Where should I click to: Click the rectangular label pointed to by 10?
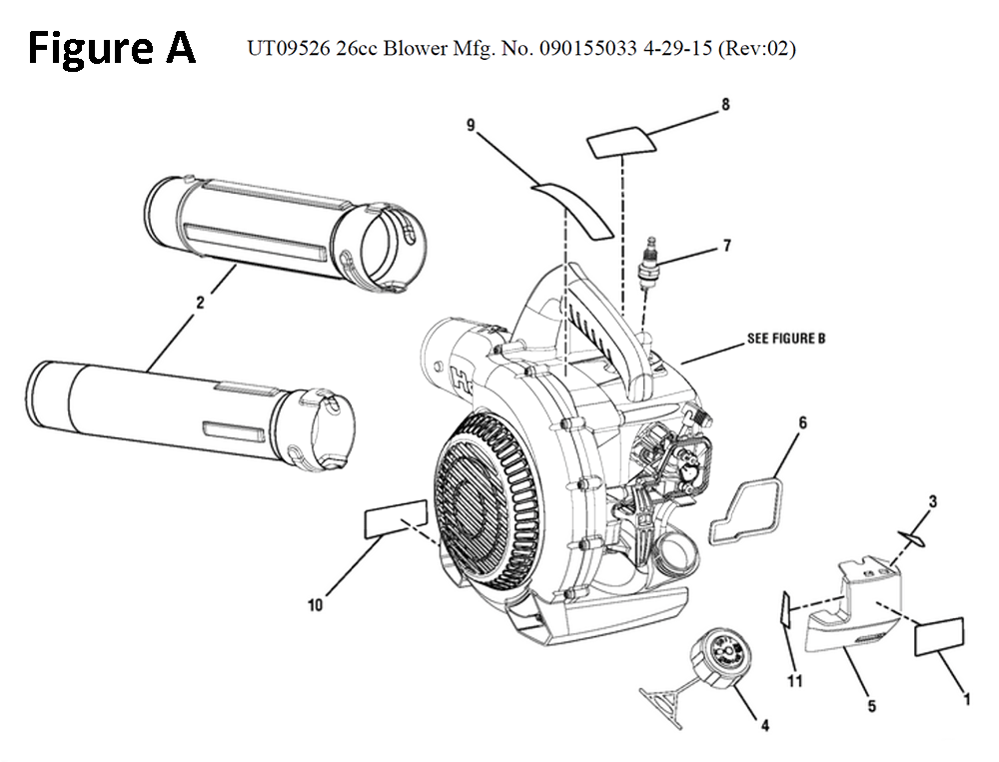[397, 520]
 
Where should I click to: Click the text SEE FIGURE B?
[786, 339]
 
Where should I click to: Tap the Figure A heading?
[111, 48]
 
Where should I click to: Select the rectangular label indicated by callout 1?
[939, 636]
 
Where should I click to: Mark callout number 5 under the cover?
[871, 706]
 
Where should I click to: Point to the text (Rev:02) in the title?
[757, 49]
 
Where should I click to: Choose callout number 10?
[316, 604]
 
